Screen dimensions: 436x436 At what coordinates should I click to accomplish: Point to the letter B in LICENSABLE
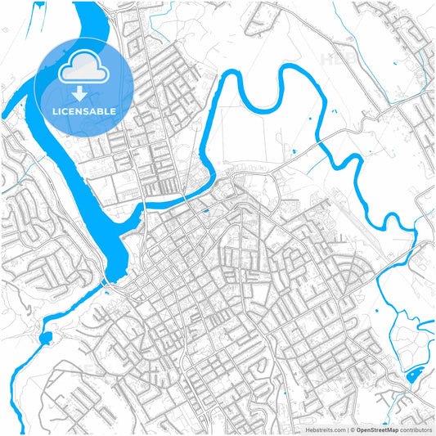pyautogui.click(x=103, y=110)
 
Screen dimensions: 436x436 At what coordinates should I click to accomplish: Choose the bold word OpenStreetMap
pyautogui.click(x=376, y=429)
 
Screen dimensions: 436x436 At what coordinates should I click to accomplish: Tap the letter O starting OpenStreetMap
pyautogui.click(x=357, y=429)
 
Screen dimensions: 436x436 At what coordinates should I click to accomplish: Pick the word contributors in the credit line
pyautogui.click(x=416, y=429)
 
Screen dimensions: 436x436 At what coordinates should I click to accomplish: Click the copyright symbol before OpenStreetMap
pyautogui.click(x=352, y=429)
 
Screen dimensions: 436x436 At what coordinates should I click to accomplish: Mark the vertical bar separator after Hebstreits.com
pyautogui.click(x=347, y=429)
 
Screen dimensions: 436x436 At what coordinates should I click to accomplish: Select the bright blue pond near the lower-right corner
pyautogui.click(x=414, y=376)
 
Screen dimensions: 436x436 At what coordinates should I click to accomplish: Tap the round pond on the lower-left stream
pyautogui.click(x=45, y=337)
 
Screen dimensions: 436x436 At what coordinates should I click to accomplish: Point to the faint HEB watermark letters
pyautogui.click(x=335, y=59)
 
